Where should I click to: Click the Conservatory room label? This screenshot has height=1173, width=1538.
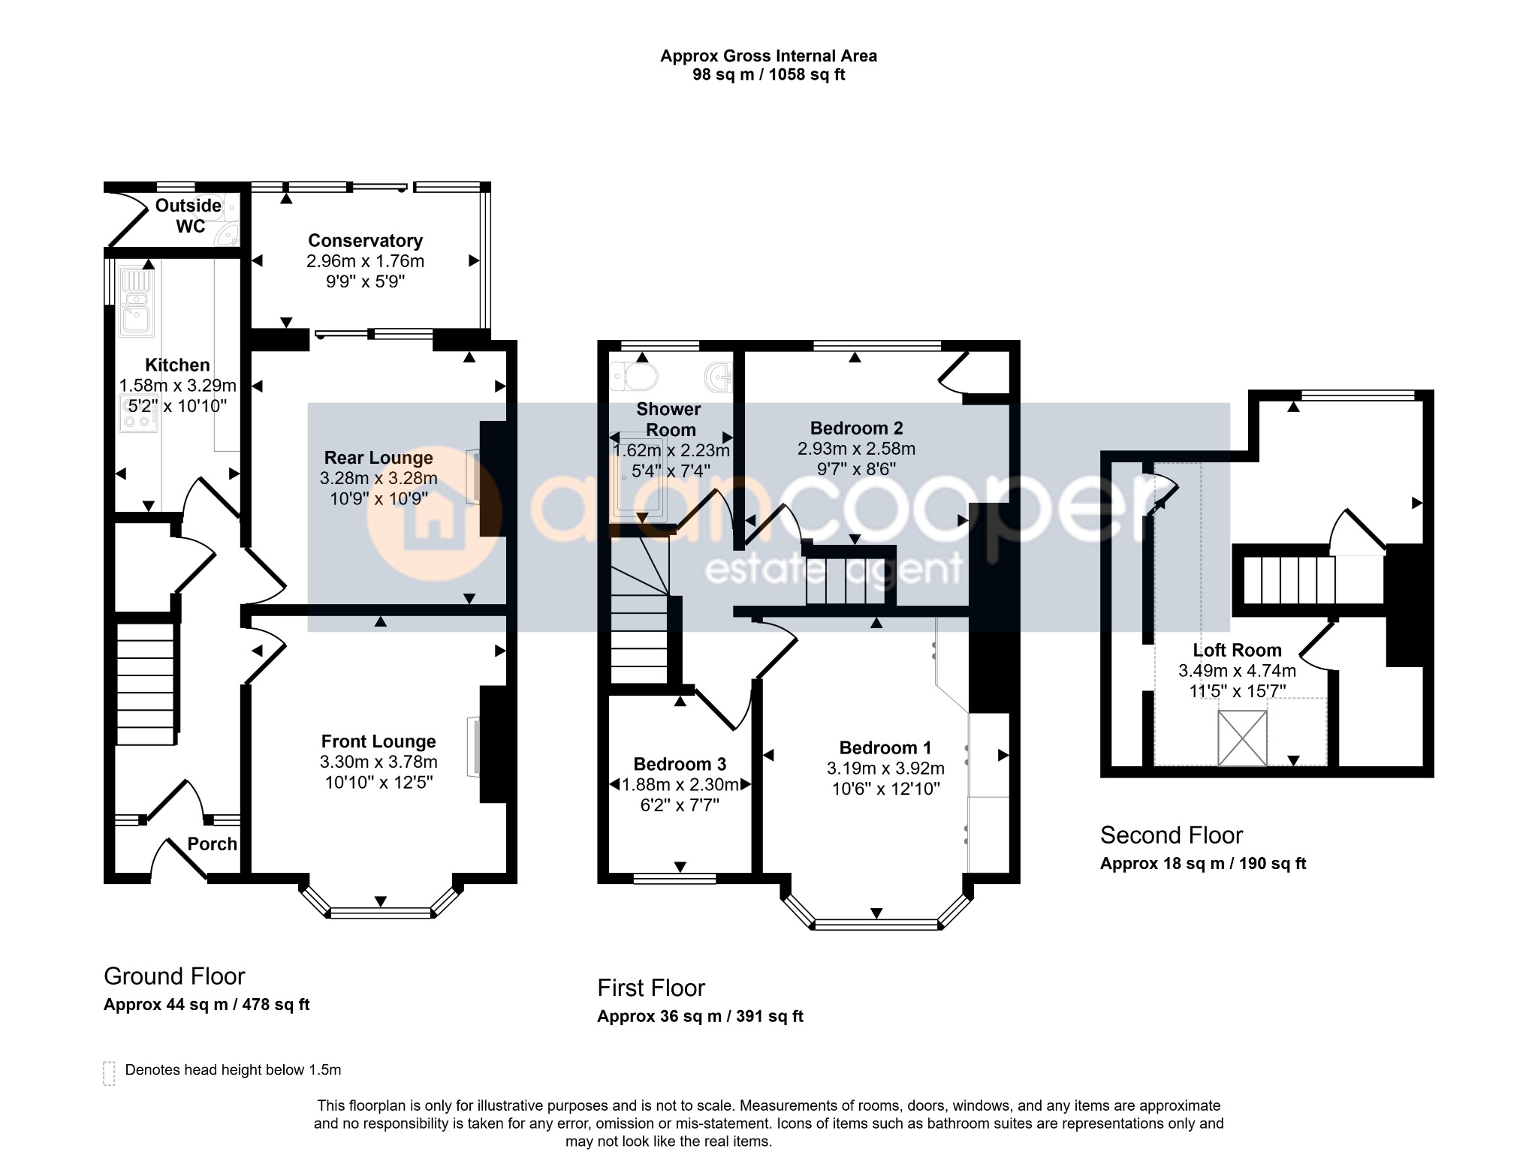tap(365, 241)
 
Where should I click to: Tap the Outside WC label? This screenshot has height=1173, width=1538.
tap(188, 216)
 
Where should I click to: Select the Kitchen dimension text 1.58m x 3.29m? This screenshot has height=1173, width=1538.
tap(178, 386)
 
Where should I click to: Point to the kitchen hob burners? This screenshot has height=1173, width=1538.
tap(138, 413)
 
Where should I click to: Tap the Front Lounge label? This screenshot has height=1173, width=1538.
tap(378, 741)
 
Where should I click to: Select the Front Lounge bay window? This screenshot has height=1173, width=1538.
tap(381, 901)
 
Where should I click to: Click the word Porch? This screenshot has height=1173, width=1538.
tap(213, 844)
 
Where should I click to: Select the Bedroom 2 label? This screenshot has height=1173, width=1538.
tap(856, 429)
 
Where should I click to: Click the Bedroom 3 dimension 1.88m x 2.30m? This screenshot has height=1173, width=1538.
tap(680, 785)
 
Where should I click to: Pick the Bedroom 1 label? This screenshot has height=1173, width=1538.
tap(885, 747)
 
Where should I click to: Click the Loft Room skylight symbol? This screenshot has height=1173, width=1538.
tap(1242, 738)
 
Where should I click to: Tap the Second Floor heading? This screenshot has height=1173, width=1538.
tap(1172, 835)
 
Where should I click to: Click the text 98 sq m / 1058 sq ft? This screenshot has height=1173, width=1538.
tap(768, 75)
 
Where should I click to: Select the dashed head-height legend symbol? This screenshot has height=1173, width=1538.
tap(109, 1073)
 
